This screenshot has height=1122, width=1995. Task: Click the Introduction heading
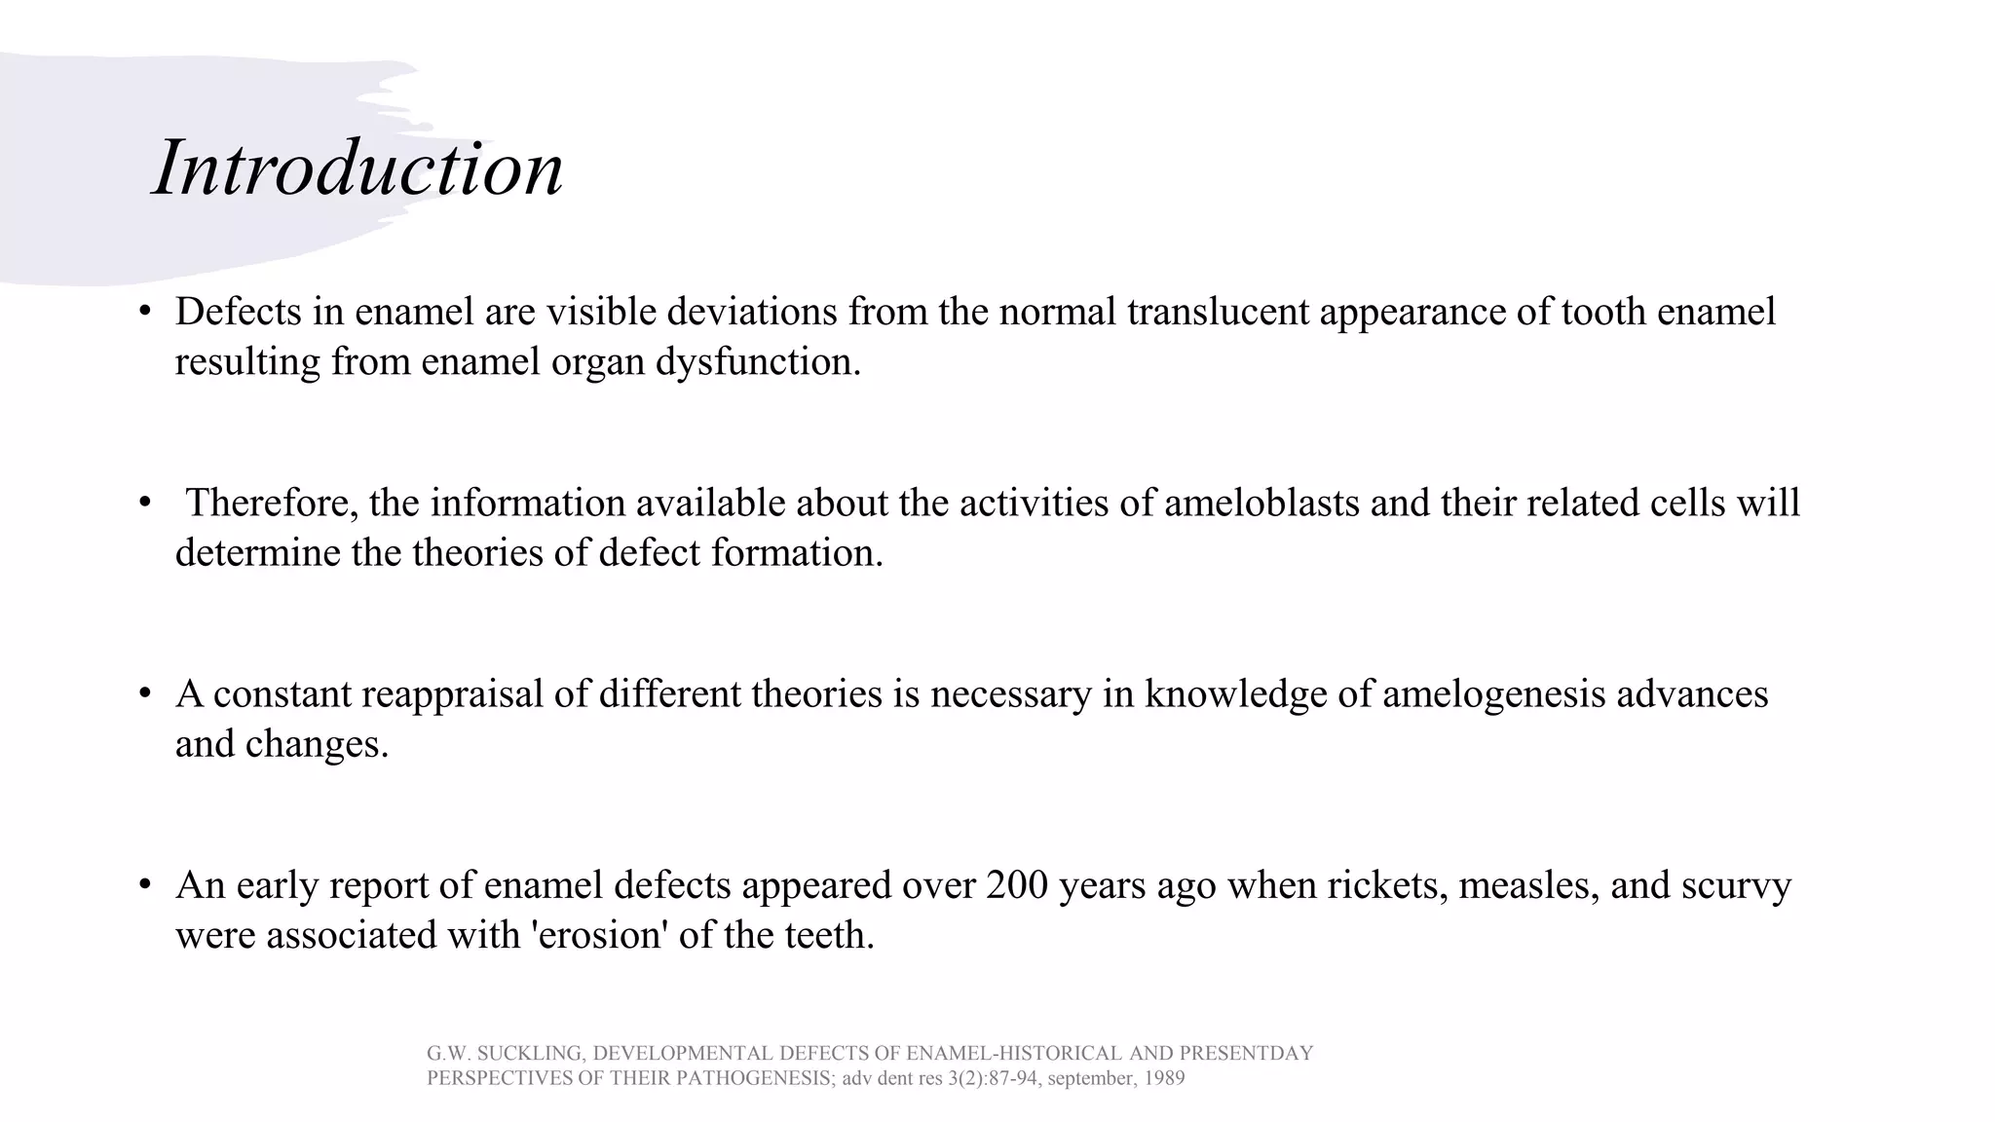[x=358, y=168]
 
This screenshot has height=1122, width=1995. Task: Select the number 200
[x=1017, y=885]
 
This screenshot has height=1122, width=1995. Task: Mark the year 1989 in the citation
[x=1164, y=1079]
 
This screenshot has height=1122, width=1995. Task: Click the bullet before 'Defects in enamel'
[x=145, y=312]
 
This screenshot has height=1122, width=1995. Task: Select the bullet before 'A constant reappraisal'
[x=145, y=694]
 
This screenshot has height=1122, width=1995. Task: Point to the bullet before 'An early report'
[x=145, y=885]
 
